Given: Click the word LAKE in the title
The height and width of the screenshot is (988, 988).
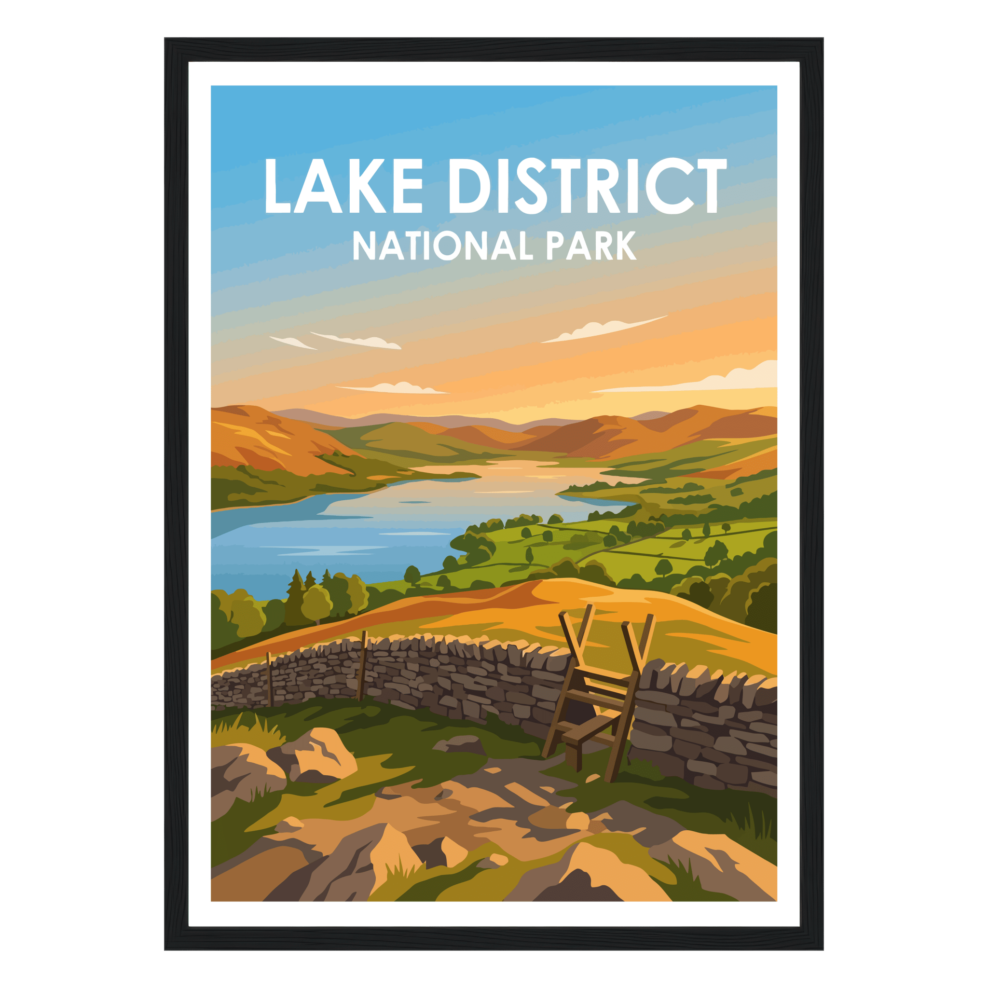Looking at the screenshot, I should click(x=343, y=186).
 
